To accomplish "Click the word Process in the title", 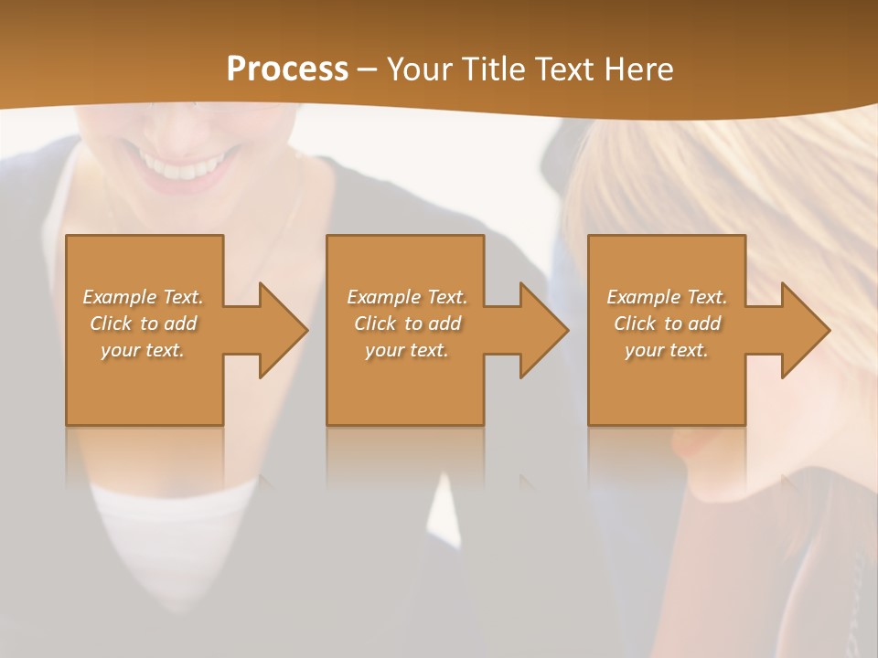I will click(x=287, y=69).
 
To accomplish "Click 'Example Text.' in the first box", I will click(x=144, y=297).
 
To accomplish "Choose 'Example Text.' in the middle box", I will click(x=407, y=297).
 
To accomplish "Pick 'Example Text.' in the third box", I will click(x=667, y=297).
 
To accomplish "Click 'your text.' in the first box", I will click(x=143, y=350).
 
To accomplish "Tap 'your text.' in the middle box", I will click(x=407, y=350).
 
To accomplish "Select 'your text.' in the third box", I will click(x=667, y=350).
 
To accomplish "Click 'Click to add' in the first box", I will click(x=144, y=324).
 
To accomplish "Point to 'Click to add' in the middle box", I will click(x=407, y=324).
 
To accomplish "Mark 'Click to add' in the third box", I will click(x=667, y=324).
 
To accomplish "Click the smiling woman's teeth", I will click(x=186, y=170).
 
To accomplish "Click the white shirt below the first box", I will click(x=174, y=521).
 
